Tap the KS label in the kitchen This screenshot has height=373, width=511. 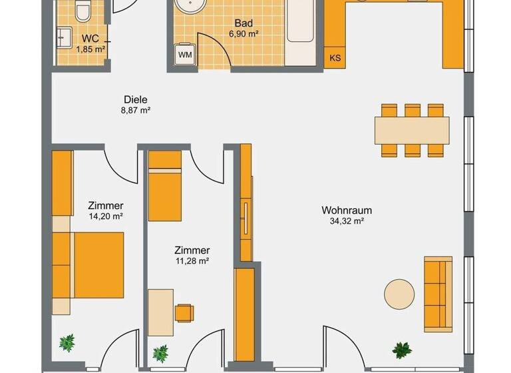click(335, 58)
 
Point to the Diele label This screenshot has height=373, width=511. click(135, 100)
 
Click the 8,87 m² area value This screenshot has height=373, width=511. click(135, 111)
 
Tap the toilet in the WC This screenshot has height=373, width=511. click(83, 11)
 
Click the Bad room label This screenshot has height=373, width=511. click(244, 22)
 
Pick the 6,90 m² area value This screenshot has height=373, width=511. click(244, 33)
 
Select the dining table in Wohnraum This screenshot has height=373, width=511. click(412, 130)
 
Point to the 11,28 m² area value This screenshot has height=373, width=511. click(192, 261)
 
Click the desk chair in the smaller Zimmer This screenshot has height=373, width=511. click(184, 312)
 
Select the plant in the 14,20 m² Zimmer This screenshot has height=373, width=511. click(67, 343)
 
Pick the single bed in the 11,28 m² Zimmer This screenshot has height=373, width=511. click(164, 186)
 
